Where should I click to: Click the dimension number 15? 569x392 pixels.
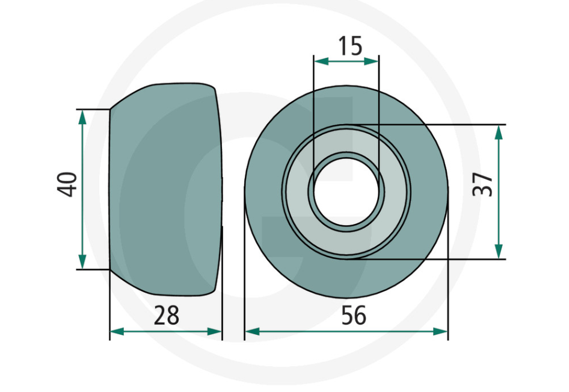coord(349,46)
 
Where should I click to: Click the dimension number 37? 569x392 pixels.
coord(483,184)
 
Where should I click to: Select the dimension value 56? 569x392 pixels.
coord(353,315)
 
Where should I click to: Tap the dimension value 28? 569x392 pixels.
coord(166,315)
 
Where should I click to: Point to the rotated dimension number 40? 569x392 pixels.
coord(68,184)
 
